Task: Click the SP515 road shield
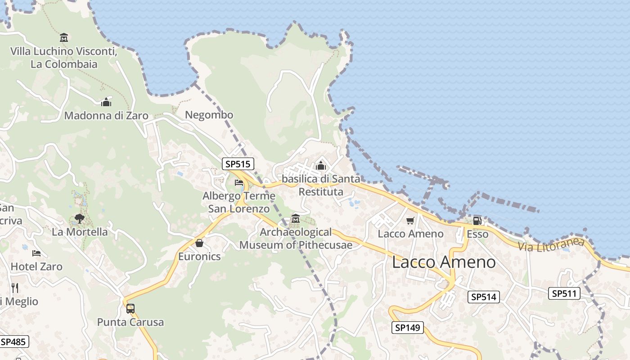[238, 164]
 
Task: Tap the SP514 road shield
[483, 297]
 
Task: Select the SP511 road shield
[564, 294]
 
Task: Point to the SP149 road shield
[408, 328]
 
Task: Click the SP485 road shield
[13, 342]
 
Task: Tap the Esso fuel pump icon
[477, 220]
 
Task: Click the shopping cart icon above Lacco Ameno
[410, 220]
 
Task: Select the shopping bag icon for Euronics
[199, 243]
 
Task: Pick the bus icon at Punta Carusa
[130, 309]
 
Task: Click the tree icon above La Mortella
[80, 219]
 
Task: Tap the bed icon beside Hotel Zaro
[36, 253]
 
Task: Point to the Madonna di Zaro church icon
[106, 102]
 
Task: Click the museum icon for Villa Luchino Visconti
[64, 37]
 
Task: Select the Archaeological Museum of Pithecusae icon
[296, 219]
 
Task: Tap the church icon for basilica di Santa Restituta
[321, 166]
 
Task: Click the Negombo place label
[209, 115]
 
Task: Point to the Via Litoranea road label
[551, 245]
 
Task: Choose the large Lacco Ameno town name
[444, 262]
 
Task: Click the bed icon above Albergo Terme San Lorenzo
[239, 182]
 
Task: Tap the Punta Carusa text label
[130, 322]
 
